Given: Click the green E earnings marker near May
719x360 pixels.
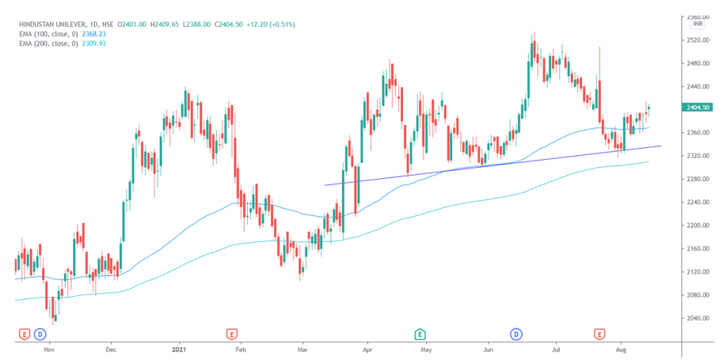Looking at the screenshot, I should click(x=421, y=333).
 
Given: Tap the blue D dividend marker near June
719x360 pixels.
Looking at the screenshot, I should click(x=517, y=333).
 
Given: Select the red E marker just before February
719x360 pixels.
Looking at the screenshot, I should click(x=231, y=333).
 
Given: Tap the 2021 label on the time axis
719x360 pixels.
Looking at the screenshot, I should click(x=180, y=348).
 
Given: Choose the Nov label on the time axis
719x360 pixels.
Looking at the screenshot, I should click(x=49, y=348).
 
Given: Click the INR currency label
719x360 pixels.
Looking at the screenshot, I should click(x=697, y=24).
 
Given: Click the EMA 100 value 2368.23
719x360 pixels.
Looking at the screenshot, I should click(x=105, y=34).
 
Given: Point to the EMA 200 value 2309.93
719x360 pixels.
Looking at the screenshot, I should click(x=105, y=44).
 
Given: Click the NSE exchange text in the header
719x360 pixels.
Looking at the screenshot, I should click(x=107, y=24).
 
